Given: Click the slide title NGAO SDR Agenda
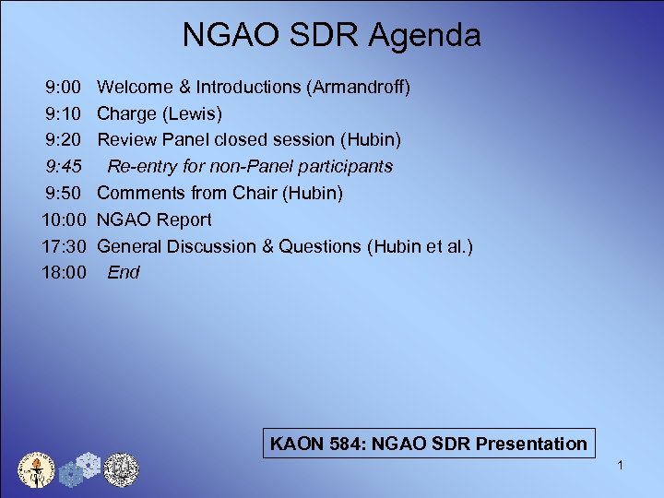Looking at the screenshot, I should pos(331,36).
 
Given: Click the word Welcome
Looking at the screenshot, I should pos(135,88).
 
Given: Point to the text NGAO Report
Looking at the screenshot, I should pos(154,219).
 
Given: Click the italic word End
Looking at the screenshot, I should pos(124,273).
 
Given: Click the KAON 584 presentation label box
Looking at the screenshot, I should pos(429,444).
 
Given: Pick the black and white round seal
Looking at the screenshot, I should pos(120,468).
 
